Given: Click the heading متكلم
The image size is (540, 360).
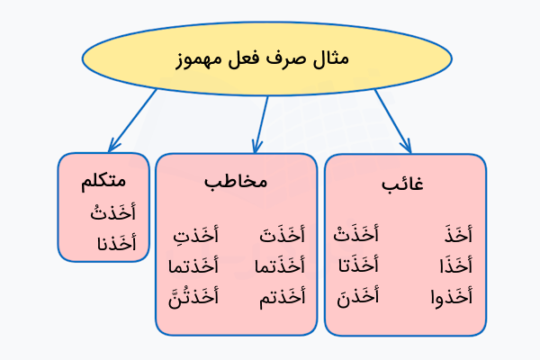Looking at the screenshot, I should click(x=103, y=181).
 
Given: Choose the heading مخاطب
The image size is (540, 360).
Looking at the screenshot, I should click(x=236, y=181).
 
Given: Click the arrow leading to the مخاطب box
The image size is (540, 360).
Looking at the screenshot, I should click(x=262, y=122).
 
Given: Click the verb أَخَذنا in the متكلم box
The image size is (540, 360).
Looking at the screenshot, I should click(x=115, y=242).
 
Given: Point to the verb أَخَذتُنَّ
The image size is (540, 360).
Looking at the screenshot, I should click(x=193, y=295).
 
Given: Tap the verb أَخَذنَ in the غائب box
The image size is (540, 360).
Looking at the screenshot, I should click(x=358, y=295).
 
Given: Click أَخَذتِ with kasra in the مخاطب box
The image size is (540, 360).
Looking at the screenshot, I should click(x=195, y=237).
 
